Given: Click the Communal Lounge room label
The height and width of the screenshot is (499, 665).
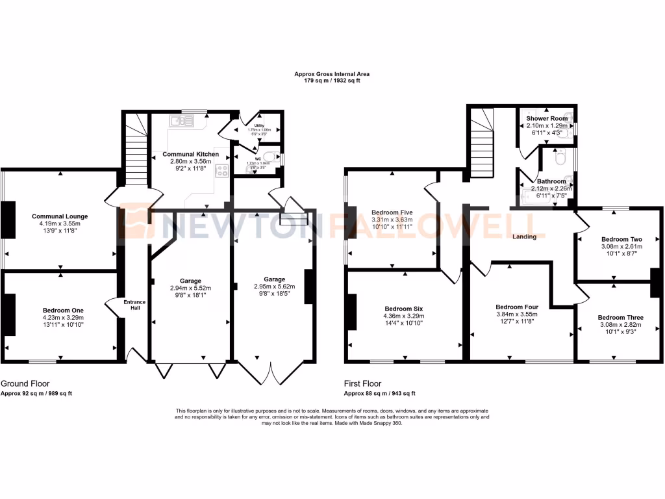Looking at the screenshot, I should pos(60,216).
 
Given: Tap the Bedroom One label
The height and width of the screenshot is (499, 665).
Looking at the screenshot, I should pos(62,311).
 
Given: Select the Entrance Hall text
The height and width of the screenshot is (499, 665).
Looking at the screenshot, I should pos(136,305).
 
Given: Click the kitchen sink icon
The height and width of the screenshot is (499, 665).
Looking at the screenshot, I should pos(182,120).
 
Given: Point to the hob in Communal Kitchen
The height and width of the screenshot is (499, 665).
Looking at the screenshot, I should pos(222,172).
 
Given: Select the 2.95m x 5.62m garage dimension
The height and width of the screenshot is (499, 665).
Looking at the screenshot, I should pos(274,286).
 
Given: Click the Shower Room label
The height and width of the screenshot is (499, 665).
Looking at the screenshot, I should pos(546,119).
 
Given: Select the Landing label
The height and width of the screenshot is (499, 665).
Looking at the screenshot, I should pos(524,237).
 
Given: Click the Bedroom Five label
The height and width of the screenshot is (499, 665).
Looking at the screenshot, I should pos(392,212).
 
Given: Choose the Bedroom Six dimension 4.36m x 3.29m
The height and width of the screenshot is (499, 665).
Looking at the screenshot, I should pos(405,316).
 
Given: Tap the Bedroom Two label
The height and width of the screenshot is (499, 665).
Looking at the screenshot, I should pos(621,239).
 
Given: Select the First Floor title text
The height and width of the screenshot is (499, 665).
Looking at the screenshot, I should pos(362,383).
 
